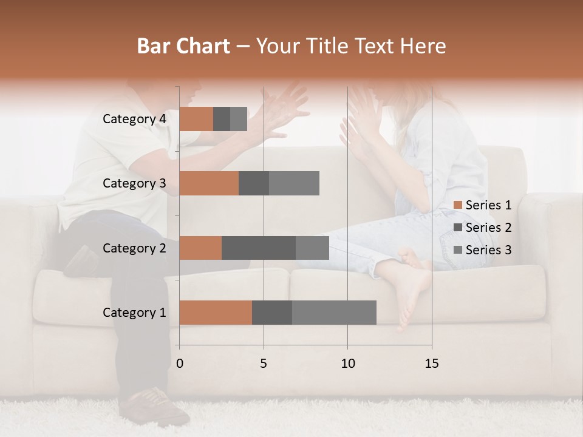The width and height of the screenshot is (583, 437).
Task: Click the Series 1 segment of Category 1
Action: pyautogui.click(x=216, y=313)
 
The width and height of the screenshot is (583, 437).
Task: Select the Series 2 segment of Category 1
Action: pyautogui.click(x=272, y=313)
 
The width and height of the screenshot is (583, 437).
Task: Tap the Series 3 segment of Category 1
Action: pyautogui.click(x=334, y=313)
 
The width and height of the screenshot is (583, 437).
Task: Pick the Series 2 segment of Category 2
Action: pyautogui.click(x=259, y=248)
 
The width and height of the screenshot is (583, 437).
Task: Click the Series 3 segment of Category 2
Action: pyautogui.click(x=312, y=248)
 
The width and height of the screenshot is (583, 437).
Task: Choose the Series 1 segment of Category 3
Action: pyautogui.click(x=209, y=183)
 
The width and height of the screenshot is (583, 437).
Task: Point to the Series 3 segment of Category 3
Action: pyautogui.click(x=294, y=183)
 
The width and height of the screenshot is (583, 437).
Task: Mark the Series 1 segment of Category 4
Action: pyautogui.click(x=196, y=119)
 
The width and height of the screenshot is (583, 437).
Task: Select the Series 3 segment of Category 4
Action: pyautogui.click(x=239, y=119)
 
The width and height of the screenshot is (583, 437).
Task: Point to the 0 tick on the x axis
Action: pyautogui.click(x=180, y=364)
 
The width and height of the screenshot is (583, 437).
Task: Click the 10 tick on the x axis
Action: pyautogui.click(x=347, y=364)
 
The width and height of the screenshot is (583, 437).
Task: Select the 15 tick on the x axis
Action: pyautogui.click(x=431, y=364)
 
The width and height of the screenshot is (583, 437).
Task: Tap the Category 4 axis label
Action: pyautogui.click(x=134, y=119)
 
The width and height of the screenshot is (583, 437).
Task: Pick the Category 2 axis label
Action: pyautogui.click(x=134, y=248)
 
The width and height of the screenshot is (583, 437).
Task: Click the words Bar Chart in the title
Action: pyautogui.click(x=183, y=46)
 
